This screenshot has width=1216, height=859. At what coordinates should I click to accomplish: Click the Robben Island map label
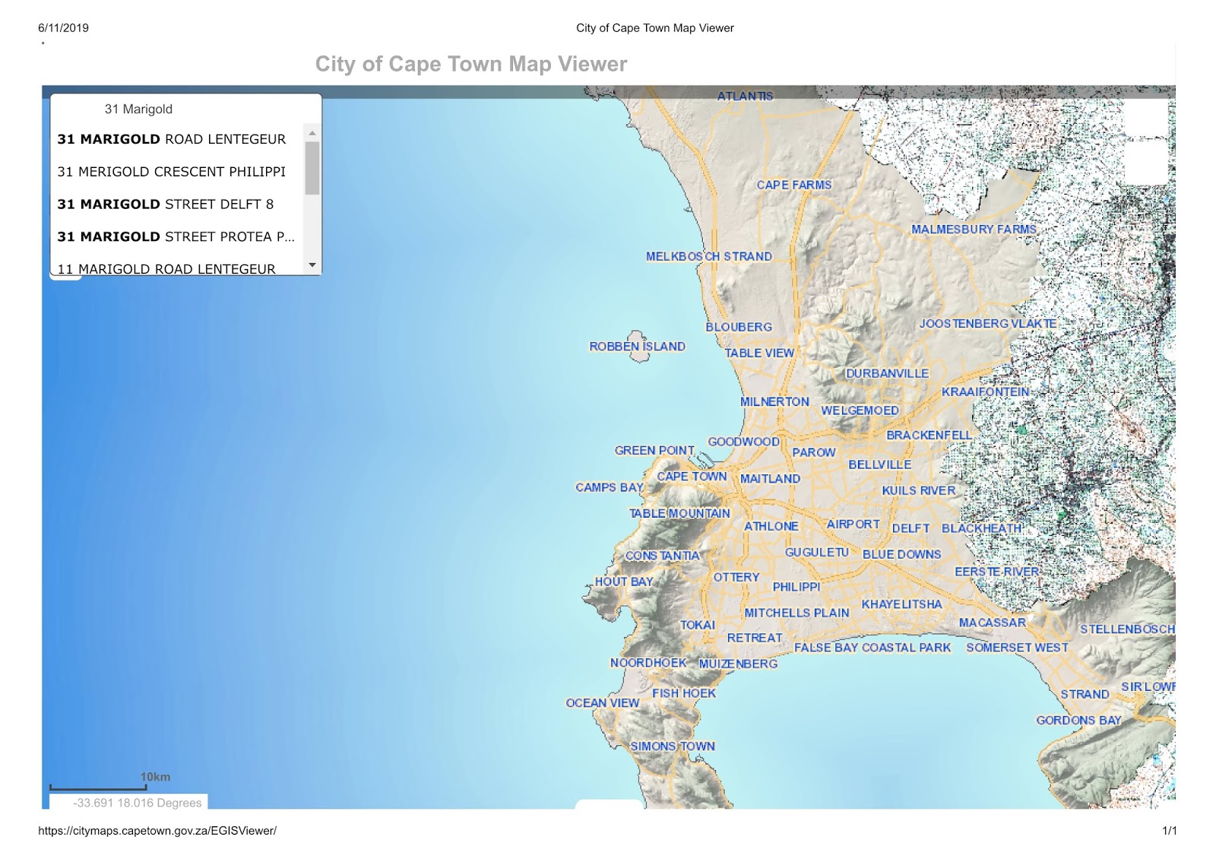637,347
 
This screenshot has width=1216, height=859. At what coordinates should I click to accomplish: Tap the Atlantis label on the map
745,97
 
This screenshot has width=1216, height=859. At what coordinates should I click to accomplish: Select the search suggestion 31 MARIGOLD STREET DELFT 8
166,204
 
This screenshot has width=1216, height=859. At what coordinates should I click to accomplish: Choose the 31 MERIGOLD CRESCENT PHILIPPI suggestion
172,172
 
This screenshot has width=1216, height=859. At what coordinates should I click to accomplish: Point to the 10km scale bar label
155,777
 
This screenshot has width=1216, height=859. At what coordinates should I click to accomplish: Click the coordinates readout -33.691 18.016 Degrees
137,803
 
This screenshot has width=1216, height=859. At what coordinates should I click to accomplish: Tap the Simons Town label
673,746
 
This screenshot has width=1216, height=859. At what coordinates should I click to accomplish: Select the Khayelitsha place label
901,604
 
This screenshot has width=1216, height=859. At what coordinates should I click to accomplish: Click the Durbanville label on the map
887,373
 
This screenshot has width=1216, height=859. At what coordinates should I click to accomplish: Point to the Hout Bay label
624,582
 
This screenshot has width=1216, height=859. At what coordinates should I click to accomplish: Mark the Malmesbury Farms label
974,229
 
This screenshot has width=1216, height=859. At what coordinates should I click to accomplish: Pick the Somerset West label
1017,648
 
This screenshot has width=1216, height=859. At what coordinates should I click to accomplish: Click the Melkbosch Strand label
708,257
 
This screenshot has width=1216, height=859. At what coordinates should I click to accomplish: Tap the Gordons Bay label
1078,720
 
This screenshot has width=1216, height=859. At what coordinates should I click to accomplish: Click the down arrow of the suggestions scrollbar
312,265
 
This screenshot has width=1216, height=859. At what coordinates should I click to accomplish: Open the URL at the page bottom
157,831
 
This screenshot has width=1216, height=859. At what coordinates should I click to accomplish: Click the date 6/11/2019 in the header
63,28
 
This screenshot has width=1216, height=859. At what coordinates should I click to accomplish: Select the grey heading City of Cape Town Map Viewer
471,64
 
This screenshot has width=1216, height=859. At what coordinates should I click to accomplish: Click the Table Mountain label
679,514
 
